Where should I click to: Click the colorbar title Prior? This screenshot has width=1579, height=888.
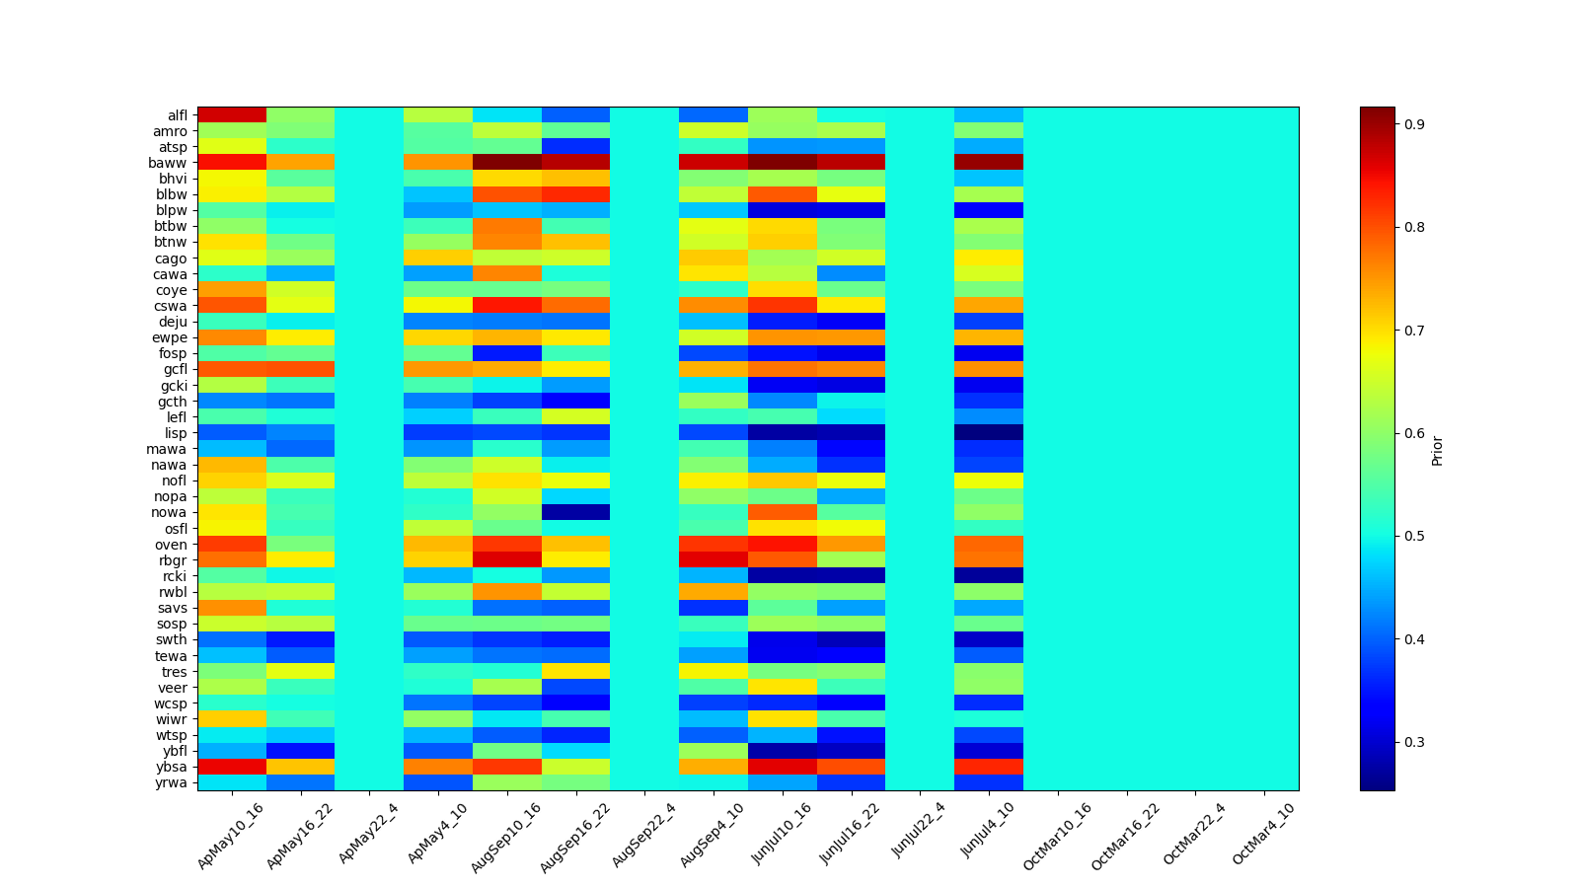[x=1437, y=450]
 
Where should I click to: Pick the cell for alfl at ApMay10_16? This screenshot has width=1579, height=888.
[x=232, y=115]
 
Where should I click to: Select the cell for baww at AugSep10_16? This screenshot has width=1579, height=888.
[x=507, y=163]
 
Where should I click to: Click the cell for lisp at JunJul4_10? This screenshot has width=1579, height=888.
[x=989, y=433]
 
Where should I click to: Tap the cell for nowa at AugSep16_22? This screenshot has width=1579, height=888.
[x=576, y=512]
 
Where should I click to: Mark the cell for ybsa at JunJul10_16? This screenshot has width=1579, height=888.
[x=783, y=767]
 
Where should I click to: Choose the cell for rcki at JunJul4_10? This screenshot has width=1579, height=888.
[x=989, y=576]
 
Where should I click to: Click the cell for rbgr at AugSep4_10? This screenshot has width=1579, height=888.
[x=714, y=560]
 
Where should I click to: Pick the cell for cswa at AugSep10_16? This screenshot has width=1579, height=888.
[x=507, y=306]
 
